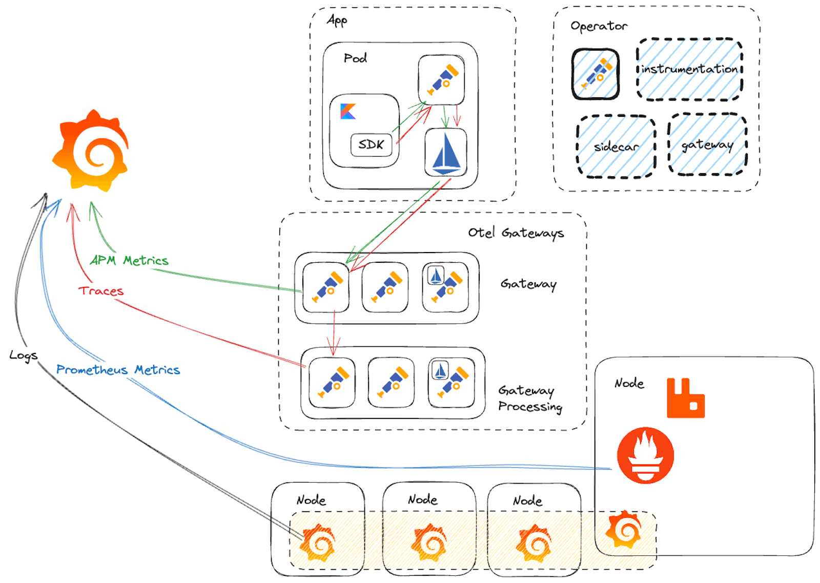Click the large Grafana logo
tap(91, 151)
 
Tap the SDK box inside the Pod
tap(371, 144)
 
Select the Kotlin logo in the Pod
tap(348, 111)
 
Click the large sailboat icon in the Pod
tap(446, 153)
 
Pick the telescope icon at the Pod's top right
tap(441, 79)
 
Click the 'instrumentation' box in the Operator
tap(689, 69)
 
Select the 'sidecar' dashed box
tap(616, 147)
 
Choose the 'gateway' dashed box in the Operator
tap(707, 145)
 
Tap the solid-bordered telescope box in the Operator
tap(596, 74)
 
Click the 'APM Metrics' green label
tap(129, 260)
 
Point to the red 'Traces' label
tap(101, 291)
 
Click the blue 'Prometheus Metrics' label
tap(118, 370)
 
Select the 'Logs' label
tap(24, 355)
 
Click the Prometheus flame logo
tap(645, 455)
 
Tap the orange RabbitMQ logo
tap(685, 399)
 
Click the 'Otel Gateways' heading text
tap(516, 233)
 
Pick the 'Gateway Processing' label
tap(529, 399)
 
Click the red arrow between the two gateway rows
tap(334, 333)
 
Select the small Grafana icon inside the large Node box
tap(624, 530)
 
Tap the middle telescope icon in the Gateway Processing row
tap(392, 383)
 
